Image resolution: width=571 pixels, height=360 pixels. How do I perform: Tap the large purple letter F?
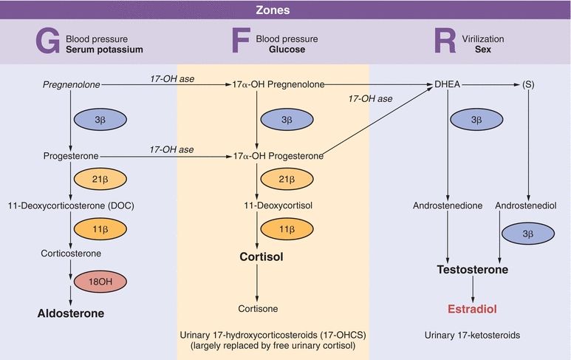click(x=240, y=41)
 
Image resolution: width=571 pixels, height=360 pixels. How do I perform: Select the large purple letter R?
click(x=445, y=41)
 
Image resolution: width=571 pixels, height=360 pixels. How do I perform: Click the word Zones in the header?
click(x=285, y=10)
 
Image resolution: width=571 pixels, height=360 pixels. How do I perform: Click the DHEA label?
click(x=451, y=85)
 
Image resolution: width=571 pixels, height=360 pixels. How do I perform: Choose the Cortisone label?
click(x=258, y=308)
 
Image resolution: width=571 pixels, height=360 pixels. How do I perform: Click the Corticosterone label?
click(x=71, y=253)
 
